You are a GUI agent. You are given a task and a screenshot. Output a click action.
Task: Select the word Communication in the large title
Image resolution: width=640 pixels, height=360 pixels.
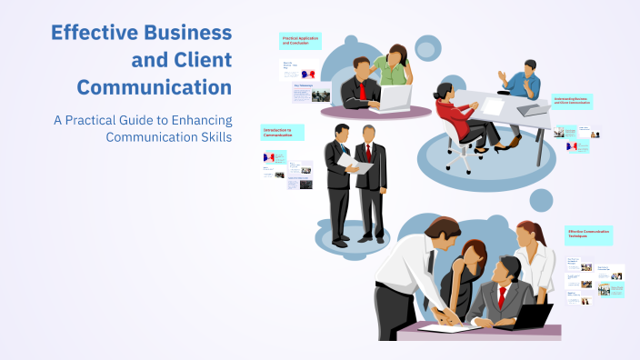pyautogui.click(x=154, y=88)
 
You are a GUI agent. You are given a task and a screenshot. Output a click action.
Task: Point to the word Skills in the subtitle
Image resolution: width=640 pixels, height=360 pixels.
pyautogui.click(x=211, y=137)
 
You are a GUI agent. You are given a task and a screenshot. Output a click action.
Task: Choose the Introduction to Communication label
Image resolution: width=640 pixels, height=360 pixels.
pyautogui.click(x=282, y=133)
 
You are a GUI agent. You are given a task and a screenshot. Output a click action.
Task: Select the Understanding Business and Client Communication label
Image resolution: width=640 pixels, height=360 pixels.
pyautogui.click(x=573, y=102)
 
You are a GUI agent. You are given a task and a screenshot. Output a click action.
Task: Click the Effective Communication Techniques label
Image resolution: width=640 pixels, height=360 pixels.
pyautogui.click(x=588, y=235)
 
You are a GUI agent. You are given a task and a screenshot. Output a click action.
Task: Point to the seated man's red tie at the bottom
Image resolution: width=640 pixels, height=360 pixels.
pyautogui.click(x=501, y=296)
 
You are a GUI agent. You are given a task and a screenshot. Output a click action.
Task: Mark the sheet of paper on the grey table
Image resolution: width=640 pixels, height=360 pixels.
pyautogui.click(x=492, y=106)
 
